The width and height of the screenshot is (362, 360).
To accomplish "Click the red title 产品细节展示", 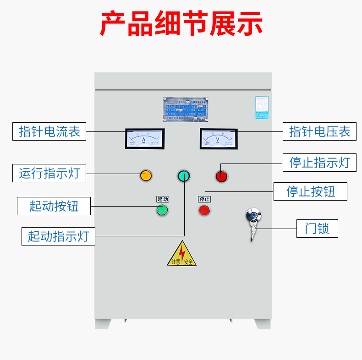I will tap(181, 24).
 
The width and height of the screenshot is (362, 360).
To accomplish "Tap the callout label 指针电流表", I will tap(49, 131).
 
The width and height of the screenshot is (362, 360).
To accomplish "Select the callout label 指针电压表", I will tap(319, 131).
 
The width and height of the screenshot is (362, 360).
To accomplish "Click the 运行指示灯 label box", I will tap(49, 173).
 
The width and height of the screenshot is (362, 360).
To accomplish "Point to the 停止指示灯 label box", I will tap(319, 162).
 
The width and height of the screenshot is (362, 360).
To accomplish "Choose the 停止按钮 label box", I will tap(310, 191).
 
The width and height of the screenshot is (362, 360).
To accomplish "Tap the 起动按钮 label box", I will tap(54, 206).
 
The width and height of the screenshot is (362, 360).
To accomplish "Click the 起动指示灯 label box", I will tap(58, 236).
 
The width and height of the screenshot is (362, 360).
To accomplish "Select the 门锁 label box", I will tap(317, 228).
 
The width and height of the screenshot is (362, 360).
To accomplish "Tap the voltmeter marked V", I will tap(218, 138).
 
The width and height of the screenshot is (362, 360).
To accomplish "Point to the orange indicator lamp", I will tap(146, 175).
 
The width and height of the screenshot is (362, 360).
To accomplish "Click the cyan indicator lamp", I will tap(183, 175).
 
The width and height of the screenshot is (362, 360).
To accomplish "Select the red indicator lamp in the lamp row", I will tap(221, 175).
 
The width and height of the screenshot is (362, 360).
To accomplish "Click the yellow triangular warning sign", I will tap(182, 254).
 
